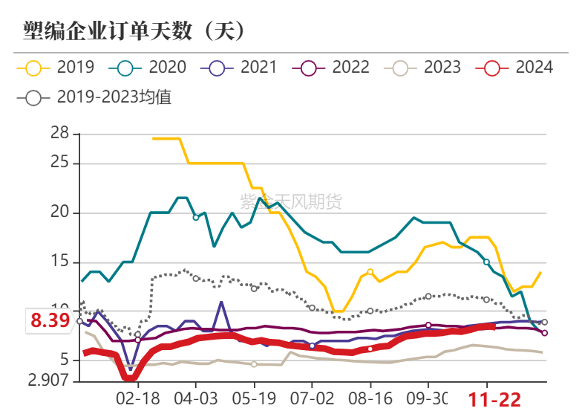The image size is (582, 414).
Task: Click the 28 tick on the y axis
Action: pos(60,134)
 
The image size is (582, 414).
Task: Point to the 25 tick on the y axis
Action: pos(60,163)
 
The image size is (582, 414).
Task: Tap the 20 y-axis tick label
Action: pos(60,213)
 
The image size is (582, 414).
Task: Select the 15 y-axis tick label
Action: pos(60,262)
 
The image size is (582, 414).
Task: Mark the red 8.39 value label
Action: pos(50,321)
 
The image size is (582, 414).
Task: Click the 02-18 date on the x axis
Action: pos(138,399)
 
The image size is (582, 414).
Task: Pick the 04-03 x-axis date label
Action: pos(196,399)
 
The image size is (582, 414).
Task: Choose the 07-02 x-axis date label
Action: pos(312,399)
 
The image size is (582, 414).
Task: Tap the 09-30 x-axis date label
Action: pos(428,399)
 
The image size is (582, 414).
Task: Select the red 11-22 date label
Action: pos(494,400)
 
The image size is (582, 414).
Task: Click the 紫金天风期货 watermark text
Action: pos(291,201)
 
